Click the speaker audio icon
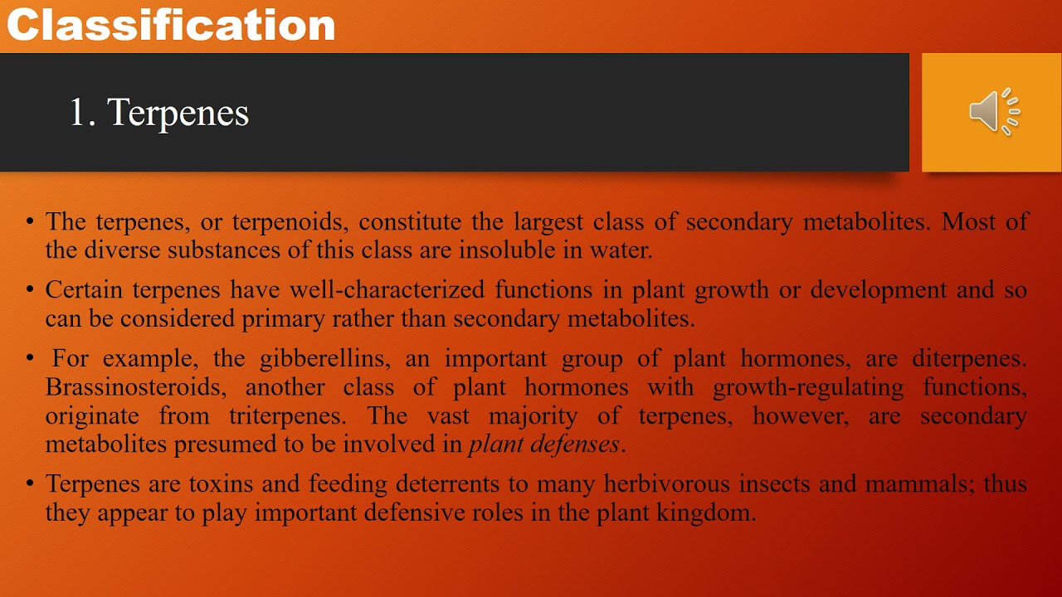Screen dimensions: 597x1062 tap(994, 111)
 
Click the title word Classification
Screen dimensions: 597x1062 tap(171, 25)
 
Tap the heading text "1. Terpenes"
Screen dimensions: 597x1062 tap(158, 113)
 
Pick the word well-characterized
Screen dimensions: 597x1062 tap(402, 290)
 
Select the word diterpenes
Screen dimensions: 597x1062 tap(968, 359)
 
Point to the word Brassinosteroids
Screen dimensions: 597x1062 tap(133, 387)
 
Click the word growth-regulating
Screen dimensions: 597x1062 tap(808, 387)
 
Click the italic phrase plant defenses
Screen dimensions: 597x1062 tap(544, 444)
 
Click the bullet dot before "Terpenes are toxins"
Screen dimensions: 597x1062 tap(31, 483)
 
